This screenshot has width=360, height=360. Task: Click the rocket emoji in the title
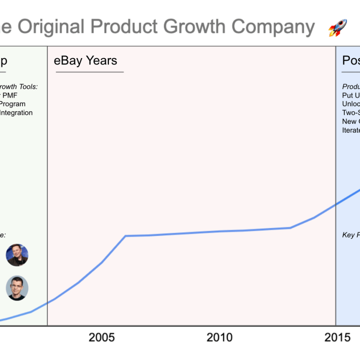[337, 27]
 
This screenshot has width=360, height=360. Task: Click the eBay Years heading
[85, 61]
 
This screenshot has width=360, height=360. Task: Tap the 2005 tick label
[102, 337]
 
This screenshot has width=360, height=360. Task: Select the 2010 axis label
[219, 337]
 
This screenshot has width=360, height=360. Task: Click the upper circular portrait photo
[17, 255]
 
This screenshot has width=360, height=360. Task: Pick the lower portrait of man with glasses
[17, 288]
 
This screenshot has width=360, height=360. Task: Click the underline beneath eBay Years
[89, 72]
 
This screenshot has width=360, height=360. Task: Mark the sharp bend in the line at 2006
[126, 235]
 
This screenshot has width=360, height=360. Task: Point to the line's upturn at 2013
[291, 227]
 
